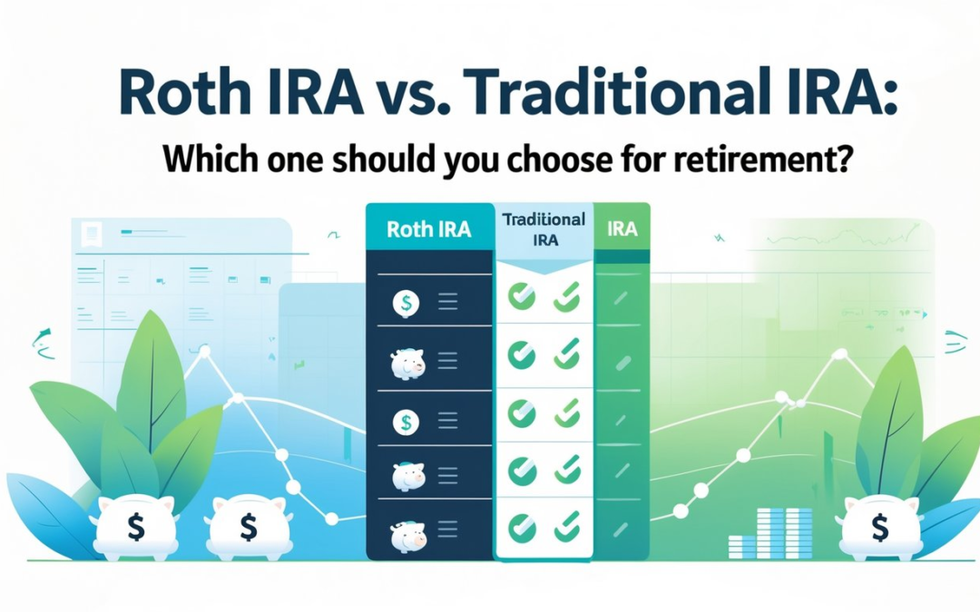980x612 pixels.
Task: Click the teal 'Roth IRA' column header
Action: (428, 228)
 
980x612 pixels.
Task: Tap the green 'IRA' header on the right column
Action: (622, 228)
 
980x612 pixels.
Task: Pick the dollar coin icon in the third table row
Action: (405, 422)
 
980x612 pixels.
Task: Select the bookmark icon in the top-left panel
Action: (91, 235)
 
